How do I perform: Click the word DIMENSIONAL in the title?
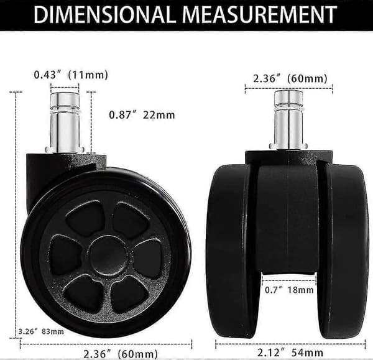pyautogui.click(x=103, y=14)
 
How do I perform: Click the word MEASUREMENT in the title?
pyautogui.click(x=260, y=14)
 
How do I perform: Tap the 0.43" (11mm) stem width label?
pyautogui.click(x=71, y=75)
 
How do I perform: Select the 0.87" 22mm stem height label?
pyautogui.click(x=142, y=115)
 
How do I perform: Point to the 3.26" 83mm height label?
pyautogui.click(x=41, y=331)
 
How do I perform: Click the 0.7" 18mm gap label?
pyautogui.click(x=289, y=290)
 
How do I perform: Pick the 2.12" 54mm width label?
pyautogui.click(x=290, y=353)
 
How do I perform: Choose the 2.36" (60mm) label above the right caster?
pyautogui.click(x=290, y=78)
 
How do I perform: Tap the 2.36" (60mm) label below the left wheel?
pyautogui.click(x=121, y=354)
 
